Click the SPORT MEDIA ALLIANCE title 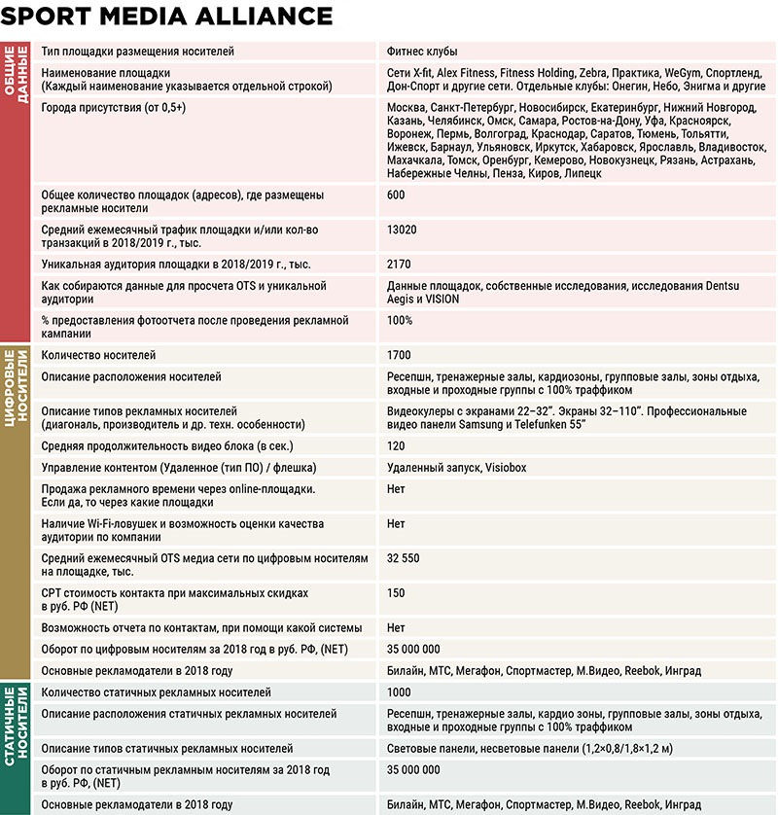click(x=167, y=17)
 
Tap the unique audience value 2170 click(x=400, y=264)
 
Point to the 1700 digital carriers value click(x=400, y=355)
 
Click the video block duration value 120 click(x=396, y=446)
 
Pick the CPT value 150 click(x=396, y=592)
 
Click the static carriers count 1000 click(x=400, y=692)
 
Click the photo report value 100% click(x=400, y=320)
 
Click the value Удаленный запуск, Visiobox click(x=456, y=468)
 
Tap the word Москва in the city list click(x=407, y=107)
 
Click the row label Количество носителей click(x=98, y=355)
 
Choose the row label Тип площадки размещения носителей click(x=137, y=51)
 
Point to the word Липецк click(x=583, y=173)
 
